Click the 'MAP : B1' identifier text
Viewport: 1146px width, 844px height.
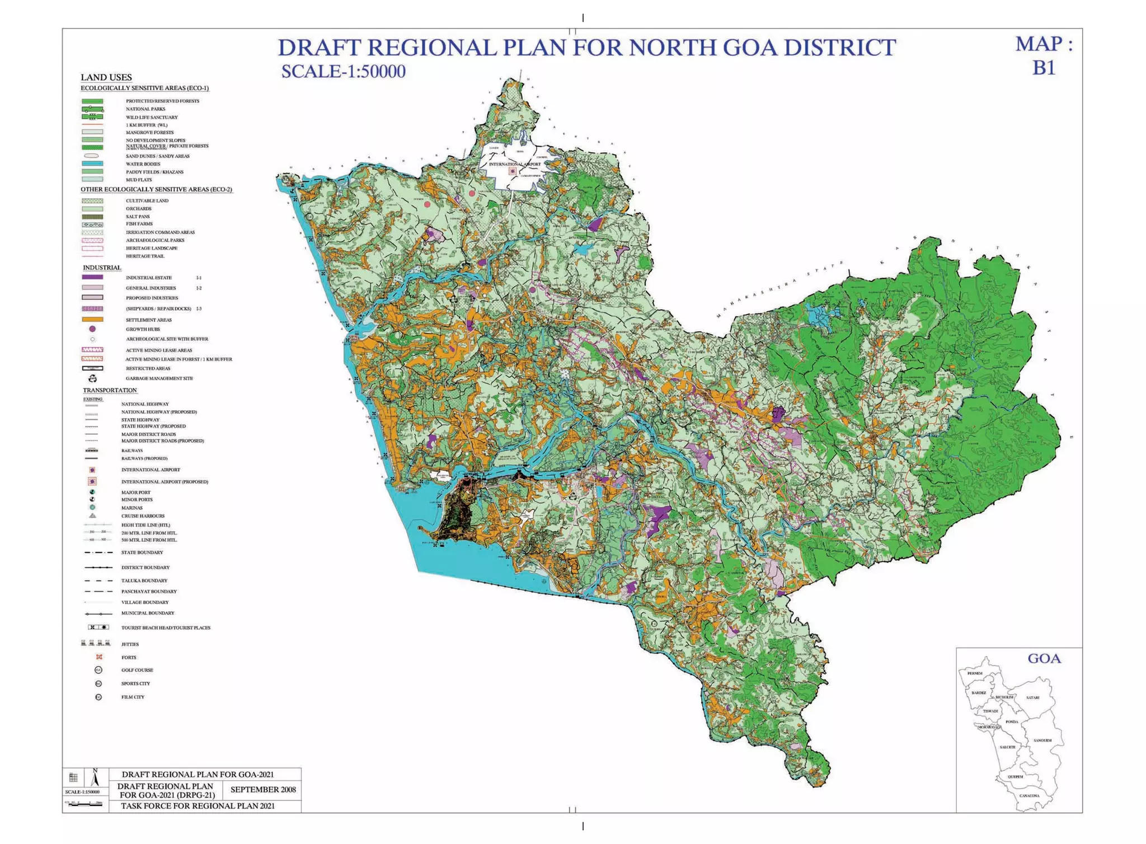(1044, 55)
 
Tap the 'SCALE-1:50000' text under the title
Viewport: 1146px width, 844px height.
(343, 72)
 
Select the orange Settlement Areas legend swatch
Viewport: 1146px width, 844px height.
(92, 320)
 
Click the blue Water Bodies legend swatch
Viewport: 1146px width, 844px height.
(92, 164)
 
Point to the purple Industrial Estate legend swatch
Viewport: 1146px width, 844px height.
(92, 277)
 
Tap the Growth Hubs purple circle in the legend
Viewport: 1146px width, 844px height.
(92, 329)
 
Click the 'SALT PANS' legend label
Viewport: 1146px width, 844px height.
(138, 217)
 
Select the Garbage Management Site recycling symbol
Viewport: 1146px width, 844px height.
(93, 378)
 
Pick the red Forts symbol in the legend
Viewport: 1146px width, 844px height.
(99, 657)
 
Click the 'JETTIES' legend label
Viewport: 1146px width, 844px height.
(130, 644)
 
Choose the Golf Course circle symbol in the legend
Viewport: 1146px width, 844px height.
(98, 670)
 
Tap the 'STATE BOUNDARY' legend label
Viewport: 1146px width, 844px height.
(142, 552)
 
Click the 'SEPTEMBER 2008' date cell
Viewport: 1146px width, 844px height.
(262, 790)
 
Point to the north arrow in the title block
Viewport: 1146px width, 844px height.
(95, 778)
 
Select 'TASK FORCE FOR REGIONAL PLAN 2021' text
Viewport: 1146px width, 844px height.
(198, 806)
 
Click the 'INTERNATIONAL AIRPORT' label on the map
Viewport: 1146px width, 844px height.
(514, 164)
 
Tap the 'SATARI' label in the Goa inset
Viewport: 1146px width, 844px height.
(1032, 697)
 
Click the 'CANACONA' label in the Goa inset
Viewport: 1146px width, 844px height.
(1029, 795)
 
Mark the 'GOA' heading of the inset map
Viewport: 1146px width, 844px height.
(1044, 659)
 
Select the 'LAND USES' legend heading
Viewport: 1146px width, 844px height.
(106, 77)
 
